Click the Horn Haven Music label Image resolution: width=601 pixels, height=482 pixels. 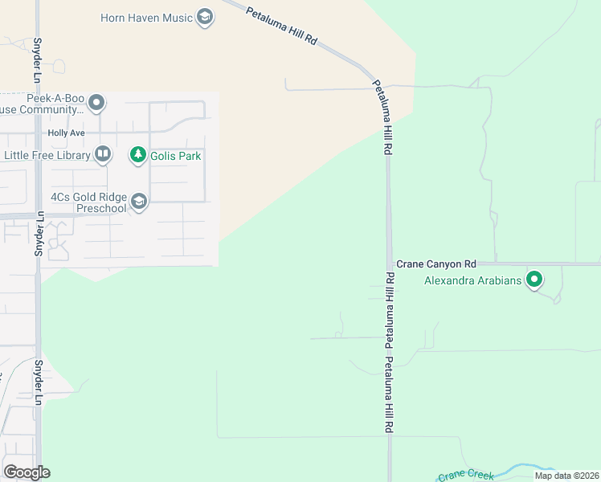(x=147, y=18)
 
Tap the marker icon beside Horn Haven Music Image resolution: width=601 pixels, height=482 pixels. (x=205, y=18)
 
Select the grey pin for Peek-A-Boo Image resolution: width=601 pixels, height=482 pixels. (x=97, y=102)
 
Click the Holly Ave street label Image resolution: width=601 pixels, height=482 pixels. (x=66, y=133)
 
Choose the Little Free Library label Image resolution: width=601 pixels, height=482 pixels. (x=47, y=155)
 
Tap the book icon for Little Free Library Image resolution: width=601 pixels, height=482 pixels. (x=102, y=153)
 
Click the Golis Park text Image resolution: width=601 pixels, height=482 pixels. (x=176, y=155)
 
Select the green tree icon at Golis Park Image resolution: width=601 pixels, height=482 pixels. (x=138, y=154)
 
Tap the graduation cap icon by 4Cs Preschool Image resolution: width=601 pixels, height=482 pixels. (x=139, y=201)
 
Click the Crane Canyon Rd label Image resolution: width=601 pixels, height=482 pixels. (x=436, y=263)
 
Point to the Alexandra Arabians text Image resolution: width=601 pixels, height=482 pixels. (x=472, y=280)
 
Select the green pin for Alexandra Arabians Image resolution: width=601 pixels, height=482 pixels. (x=534, y=280)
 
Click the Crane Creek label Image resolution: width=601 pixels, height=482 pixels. (x=465, y=476)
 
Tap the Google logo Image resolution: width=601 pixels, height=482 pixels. (x=27, y=472)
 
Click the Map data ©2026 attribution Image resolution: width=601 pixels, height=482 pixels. (x=566, y=476)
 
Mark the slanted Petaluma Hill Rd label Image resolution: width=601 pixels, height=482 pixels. (x=281, y=26)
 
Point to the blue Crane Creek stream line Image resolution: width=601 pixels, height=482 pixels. (x=522, y=468)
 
